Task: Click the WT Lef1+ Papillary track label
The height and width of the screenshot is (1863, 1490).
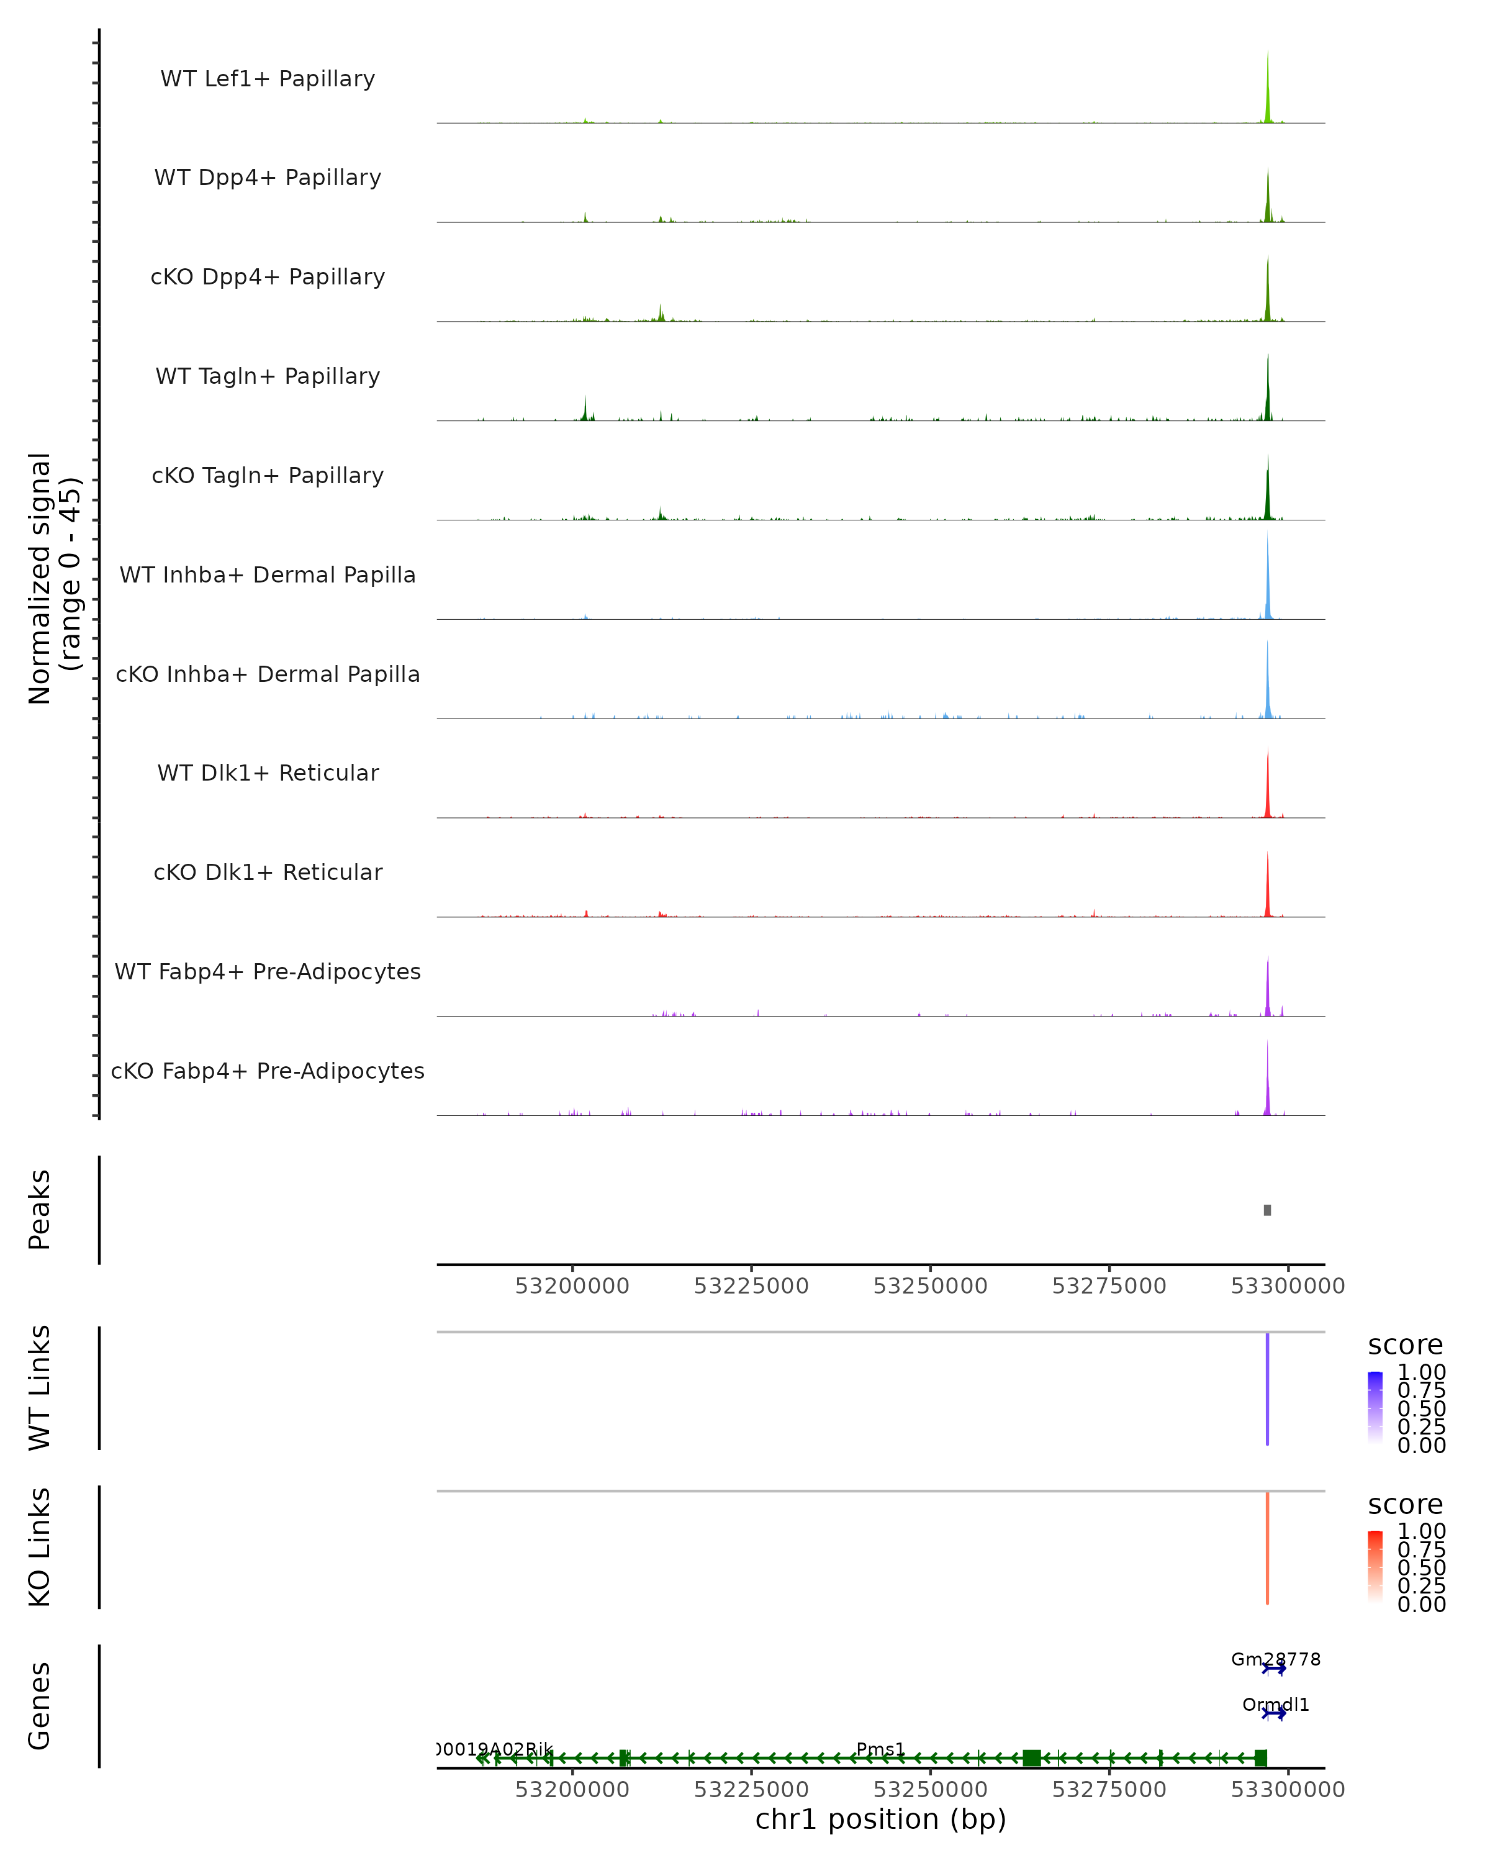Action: pos(268,79)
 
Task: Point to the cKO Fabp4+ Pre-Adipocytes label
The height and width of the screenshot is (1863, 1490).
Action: pos(268,1071)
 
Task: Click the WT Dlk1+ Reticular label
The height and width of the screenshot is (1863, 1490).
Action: pos(268,773)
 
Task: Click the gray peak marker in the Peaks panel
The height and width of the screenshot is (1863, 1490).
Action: pos(1267,1210)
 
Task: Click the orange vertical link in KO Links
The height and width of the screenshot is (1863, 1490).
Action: pos(1267,1548)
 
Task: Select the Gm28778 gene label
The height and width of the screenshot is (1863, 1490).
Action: pos(1275,1659)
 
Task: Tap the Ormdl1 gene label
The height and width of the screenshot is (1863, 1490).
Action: pos(1275,1705)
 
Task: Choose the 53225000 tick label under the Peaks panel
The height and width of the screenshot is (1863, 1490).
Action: pos(751,1287)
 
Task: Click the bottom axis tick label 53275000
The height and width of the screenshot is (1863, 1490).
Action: pos(1109,1790)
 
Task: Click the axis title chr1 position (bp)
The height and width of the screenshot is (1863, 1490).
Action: pos(880,1820)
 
